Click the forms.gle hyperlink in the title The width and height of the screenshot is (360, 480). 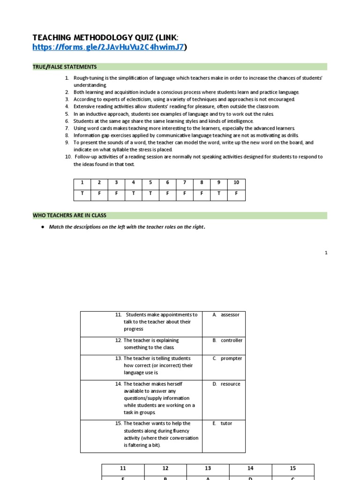point(108,47)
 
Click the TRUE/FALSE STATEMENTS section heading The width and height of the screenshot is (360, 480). point(65,67)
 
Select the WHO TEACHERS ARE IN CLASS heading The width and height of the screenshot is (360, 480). point(69,216)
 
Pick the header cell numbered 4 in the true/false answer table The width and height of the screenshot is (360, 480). point(133,183)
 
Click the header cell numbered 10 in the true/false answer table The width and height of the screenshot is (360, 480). point(236,183)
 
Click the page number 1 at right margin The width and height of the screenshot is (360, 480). point(326,253)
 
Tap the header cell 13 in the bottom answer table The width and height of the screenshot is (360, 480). point(208,468)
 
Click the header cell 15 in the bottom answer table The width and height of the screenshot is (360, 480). point(292,468)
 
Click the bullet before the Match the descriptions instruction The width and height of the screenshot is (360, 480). point(43,227)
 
